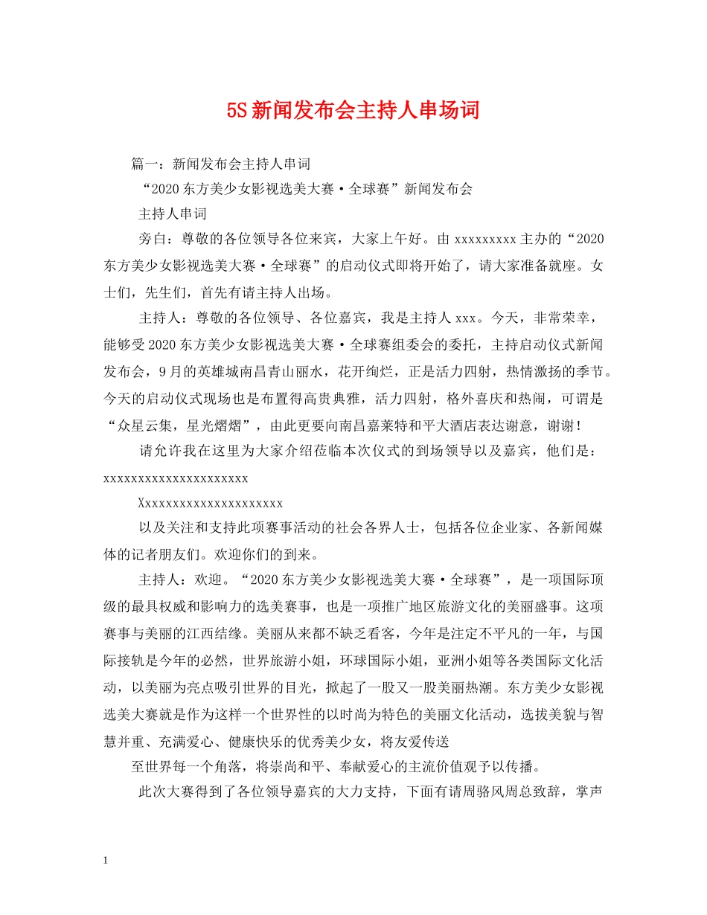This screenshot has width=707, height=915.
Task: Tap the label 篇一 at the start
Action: (145, 163)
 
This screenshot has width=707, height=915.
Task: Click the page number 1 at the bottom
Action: (106, 861)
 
